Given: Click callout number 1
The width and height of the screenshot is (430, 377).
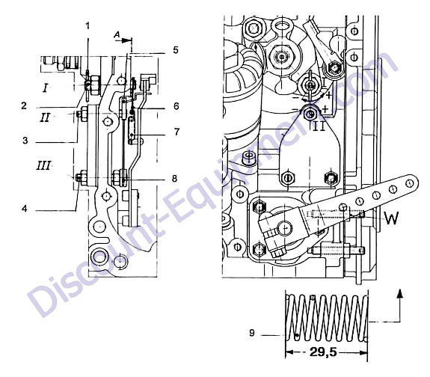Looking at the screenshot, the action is click(x=87, y=26).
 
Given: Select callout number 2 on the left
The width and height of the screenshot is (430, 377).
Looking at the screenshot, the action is click(x=24, y=105).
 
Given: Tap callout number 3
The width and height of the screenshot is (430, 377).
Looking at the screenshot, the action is click(x=25, y=141).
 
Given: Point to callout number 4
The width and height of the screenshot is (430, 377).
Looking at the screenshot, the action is click(x=25, y=209).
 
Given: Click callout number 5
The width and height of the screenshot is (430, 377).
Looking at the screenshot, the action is click(x=176, y=50).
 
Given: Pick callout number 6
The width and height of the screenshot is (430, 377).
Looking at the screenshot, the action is click(x=176, y=106).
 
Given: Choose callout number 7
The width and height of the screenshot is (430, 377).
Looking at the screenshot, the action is click(x=176, y=132).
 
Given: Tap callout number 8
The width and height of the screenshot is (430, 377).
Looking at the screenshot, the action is click(x=175, y=179).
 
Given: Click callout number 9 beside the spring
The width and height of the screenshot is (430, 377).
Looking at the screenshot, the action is click(x=252, y=333).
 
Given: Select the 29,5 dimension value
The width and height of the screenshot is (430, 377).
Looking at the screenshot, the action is click(x=323, y=352).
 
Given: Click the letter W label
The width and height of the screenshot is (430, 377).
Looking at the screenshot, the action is click(x=391, y=218).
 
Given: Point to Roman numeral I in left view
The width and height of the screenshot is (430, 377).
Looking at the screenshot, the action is click(x=46, y=88).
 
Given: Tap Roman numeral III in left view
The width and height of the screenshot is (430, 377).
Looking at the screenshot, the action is click(x=43, y=166).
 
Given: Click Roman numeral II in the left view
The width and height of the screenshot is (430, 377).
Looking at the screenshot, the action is click(x=45, y=117).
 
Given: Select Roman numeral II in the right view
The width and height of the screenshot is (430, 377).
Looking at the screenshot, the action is click(x=319, y=126).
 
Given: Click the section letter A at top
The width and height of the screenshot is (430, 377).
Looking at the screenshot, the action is click(x=117, y=34).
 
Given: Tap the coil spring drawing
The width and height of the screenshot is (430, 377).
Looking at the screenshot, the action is click(x=326, y=318).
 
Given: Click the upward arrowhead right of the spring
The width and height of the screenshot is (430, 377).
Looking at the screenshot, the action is click(x=400, y=293).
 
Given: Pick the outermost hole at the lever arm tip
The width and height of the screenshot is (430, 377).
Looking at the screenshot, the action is click(x=410, y=183).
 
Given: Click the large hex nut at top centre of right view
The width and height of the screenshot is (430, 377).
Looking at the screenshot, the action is click(x=282, y=57).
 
